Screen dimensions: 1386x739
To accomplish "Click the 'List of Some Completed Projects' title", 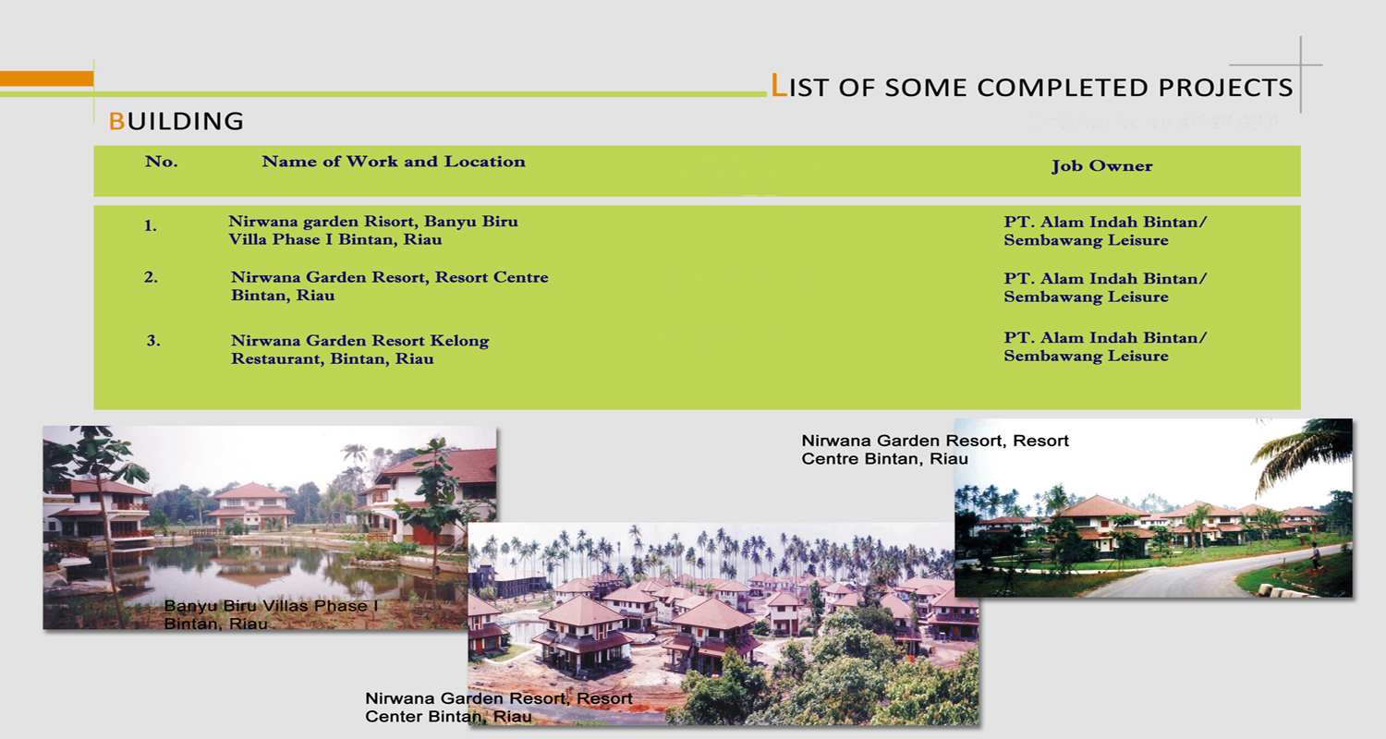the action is [1031, 86].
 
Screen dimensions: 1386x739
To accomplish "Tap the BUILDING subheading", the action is [176, 121].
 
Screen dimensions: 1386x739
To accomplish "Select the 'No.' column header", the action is [162, 162].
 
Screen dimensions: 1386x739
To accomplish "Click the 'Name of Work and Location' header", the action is [394, 162].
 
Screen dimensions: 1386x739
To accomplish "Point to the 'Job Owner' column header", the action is [1102, 165].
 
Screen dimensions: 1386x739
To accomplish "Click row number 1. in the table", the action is [151, 225].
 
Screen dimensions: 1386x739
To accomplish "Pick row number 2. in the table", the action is [151, 277].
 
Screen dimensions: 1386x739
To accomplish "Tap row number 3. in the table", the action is [153, 340].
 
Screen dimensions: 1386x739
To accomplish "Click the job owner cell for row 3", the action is [1105, 346].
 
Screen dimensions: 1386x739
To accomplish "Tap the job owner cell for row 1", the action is [1105, 231].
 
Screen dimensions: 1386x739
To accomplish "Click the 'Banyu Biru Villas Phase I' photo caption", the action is [271, 606].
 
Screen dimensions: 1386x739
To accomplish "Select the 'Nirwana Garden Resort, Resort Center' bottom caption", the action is [499, 698].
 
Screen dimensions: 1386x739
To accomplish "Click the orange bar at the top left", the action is [46, 79].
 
